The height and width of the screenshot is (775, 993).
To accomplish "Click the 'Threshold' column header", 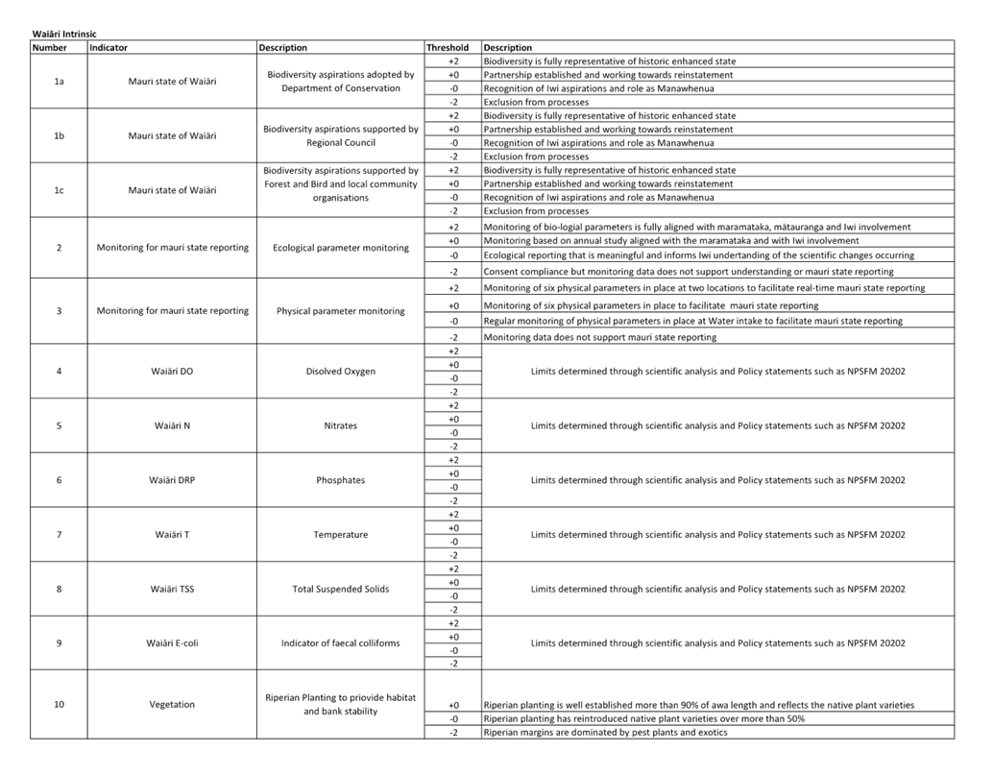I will click(447, 47).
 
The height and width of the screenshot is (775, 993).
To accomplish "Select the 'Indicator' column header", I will click(109, 47).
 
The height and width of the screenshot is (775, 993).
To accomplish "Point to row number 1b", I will click(59, 136).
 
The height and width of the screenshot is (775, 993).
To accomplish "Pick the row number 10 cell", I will click(59, 705).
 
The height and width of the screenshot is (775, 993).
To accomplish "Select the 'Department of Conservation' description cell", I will click(339, 81).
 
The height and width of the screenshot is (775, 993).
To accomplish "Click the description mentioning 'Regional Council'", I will click(339, 135).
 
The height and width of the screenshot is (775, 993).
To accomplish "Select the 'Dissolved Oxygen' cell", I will click(340, 371).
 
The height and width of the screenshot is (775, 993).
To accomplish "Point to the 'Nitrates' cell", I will click(340, 425).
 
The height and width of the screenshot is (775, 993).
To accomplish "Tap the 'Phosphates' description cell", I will click(340, 480).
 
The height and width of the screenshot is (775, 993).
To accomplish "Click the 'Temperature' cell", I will click(340, 534).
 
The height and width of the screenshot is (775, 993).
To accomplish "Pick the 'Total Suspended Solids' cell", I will click(340, 589).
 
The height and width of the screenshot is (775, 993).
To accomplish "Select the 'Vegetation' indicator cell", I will click(173, 705).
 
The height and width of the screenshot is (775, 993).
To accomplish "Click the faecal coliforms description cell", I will click(340, 643).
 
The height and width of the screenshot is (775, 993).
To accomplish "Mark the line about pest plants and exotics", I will click(604, 733).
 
